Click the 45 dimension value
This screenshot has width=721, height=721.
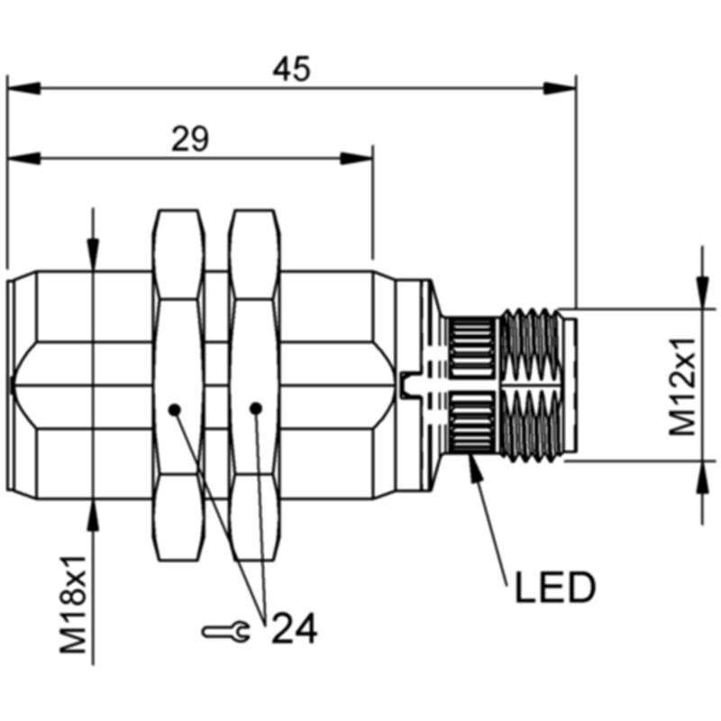291,69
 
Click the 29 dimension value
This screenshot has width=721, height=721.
190,139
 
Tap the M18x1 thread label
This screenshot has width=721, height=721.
74,604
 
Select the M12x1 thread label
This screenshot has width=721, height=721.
682,387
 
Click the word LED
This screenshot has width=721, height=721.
555,588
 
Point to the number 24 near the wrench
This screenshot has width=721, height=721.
295,627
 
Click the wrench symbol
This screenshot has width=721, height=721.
226,632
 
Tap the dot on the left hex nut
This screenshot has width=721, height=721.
174,409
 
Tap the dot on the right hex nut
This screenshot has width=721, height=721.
256,408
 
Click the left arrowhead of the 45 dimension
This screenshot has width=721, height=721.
24,88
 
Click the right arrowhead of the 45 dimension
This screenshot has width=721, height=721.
559,88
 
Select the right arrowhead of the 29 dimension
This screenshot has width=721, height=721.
356,159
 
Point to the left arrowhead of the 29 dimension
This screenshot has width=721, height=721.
24,159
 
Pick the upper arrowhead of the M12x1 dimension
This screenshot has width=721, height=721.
702,291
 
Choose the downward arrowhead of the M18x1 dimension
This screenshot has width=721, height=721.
94,254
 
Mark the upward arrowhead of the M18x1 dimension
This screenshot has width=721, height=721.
94,515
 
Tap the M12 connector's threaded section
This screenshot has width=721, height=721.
533,385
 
